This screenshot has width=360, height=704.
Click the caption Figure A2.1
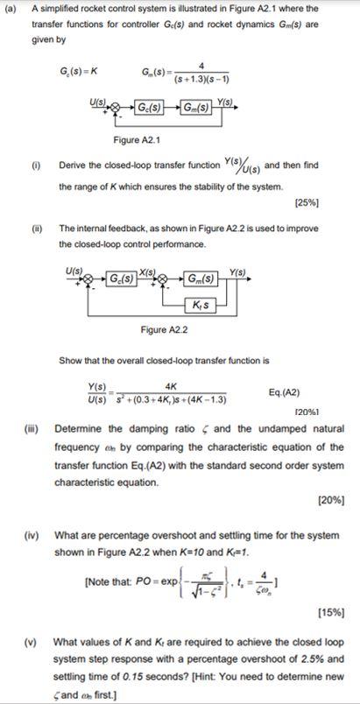(x=138, y=140)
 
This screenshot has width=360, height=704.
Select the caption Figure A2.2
(x=165, y=330)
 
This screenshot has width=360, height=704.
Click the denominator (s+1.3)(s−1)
(x=201, y=77)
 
